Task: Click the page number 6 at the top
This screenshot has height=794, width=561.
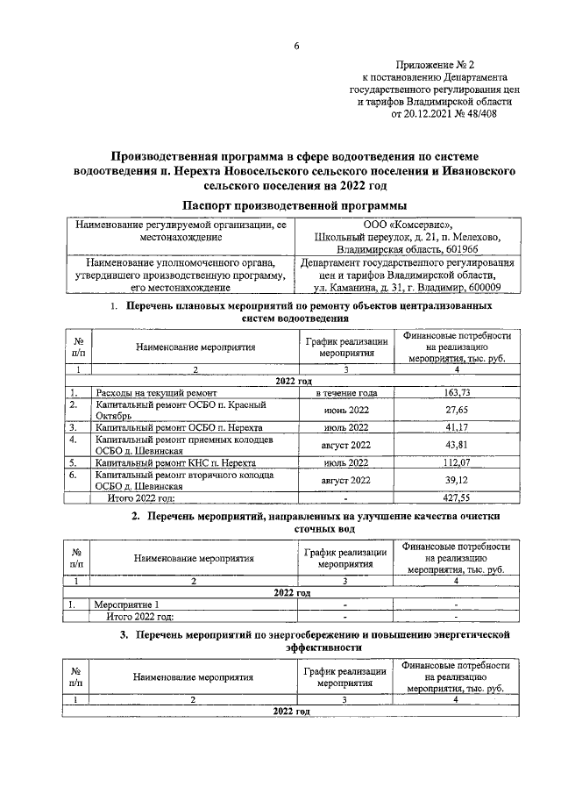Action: point(296,46)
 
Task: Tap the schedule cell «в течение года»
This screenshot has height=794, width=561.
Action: point(346,393)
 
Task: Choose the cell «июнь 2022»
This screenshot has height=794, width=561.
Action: point(346,410)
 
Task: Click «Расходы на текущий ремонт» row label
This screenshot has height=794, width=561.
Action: point(151,393)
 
